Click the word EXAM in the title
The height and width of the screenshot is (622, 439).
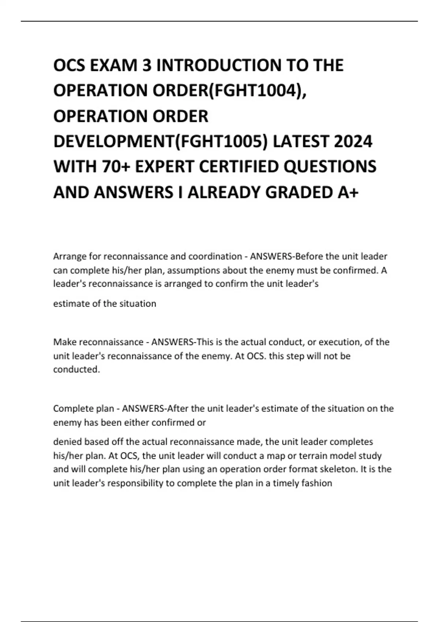pos(120,65)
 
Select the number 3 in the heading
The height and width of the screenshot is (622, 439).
pos(150,65)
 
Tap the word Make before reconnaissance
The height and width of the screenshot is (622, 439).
pos(65,342)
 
